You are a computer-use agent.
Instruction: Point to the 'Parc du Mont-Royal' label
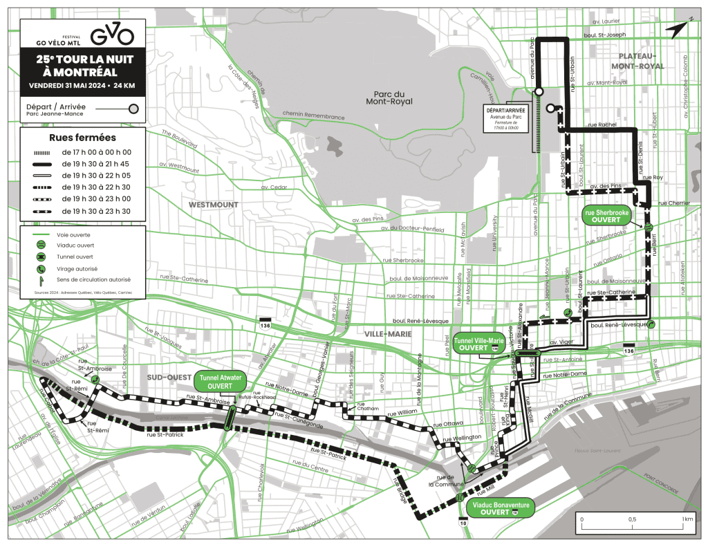389,98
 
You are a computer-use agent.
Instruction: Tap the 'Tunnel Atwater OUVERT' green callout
220,382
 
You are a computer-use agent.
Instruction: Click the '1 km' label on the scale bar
687,519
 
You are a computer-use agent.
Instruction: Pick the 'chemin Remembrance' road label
313,114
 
